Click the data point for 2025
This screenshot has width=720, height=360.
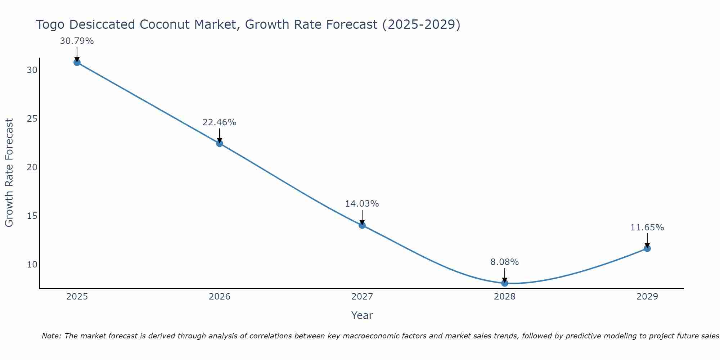pyautogui.click(x=77, y=62)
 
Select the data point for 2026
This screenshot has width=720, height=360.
pyautogui.click(x=219, y=143)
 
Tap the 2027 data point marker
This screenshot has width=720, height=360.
pyautogui.click(x=362, y=225)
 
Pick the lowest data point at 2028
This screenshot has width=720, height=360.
pyautogui.click(x=504, y=283)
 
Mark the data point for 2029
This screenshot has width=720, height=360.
pyautogui.click(x=647, y=248)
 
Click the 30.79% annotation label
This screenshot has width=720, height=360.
pyautogui.click(x=77, y=41)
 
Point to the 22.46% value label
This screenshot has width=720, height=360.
pyautogui.click(x=219, y=122)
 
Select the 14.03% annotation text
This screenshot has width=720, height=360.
pyautogui.click(x=362, y=204)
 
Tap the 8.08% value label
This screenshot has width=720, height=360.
pyautogui.click(x=504, y=262)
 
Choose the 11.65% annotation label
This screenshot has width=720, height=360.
pyautogui.click(x=647, y=228)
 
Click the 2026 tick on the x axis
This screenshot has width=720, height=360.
pyautogui.click(x=219, y=297)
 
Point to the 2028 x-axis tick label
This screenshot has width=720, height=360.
pyautogui.click(x=504, y=297)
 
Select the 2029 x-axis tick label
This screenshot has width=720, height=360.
pyautogui.click(x=647, y=297)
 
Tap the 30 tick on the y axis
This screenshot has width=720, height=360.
pyautogui.click(x=32, y=70)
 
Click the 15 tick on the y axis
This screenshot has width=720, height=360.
pyautogui.click(x=32, y=216)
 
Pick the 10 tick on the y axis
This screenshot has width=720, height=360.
pyautogui.click(x=32, y=265)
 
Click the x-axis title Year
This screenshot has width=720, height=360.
pyautogui.click(x=362, y=315)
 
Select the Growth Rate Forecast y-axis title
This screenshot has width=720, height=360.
pyautogui.click(x=9, y=173)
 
